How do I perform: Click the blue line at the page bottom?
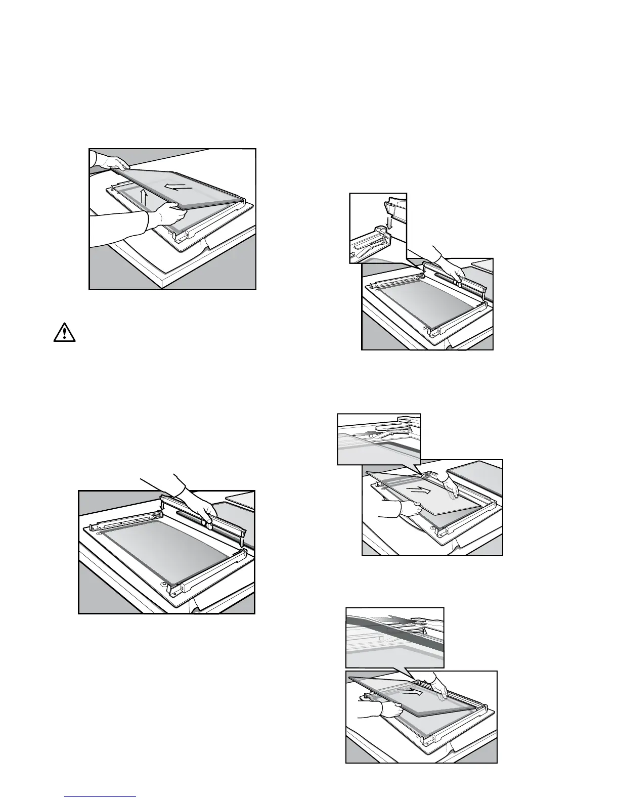(101, 797)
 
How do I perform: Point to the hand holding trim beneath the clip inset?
(448, 268)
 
